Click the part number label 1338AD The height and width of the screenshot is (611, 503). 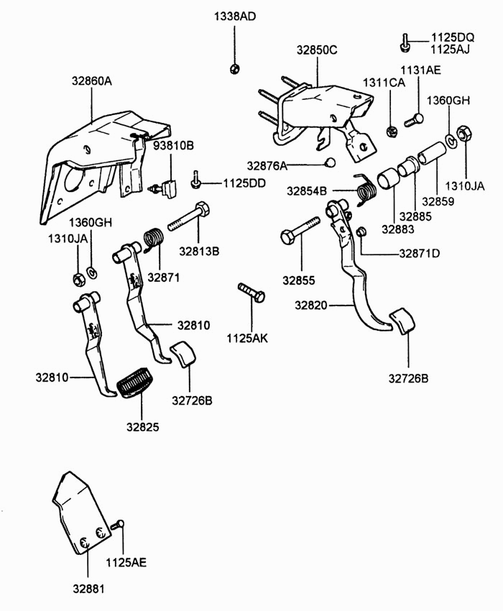click(x=235, y=17)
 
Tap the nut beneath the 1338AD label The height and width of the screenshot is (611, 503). click(x=234, y=69)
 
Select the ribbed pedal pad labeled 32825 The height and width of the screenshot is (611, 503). click(x=135, y=382)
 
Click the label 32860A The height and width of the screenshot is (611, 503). click(x=91, y=81)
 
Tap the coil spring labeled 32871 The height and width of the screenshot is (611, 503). click(x=153, y=239)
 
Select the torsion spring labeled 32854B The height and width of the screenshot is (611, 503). click(x=365, y=189)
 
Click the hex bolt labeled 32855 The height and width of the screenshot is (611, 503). click(x=300, y=230)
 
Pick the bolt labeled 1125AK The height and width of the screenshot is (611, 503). click(x=251, y=293)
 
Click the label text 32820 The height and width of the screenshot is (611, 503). click(x=311, y=305)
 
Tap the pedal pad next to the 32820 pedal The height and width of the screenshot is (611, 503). click(x=402, y=321)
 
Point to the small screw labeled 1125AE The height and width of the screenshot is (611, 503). click(x=117, y=525)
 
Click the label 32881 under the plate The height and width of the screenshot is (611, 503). click(x=89, y=589)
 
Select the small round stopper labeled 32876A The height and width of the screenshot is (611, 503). click(x=330, y=162)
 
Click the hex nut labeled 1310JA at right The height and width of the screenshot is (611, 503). click(x=463, y=134)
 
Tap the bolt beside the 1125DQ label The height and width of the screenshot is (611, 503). click(x=405, y=42)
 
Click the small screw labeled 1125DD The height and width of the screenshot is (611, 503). click(x=195, y=180)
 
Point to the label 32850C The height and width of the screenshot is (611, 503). click(x=317, y=50)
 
